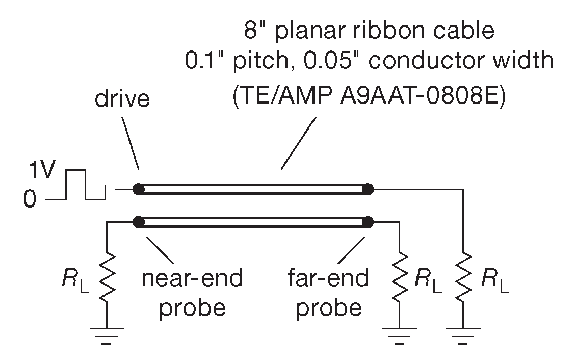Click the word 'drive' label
[x=122, y=99]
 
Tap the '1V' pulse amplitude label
[x=40, y=172]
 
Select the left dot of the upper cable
[x=138, y=190]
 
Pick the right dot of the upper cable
[x=368, y=190]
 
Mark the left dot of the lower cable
[x=138, y=222]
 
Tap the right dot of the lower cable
[x=368, y=222]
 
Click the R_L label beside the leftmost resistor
[x=77, y=279]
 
